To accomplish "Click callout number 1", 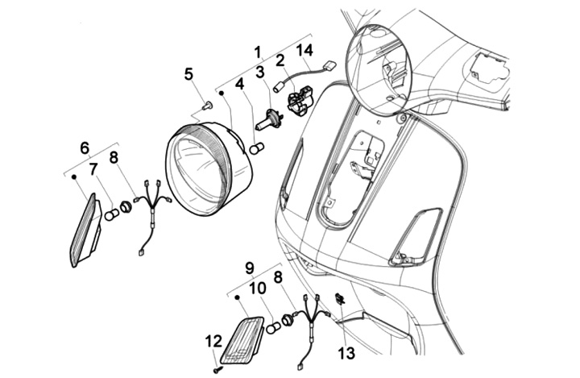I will coord(257,52).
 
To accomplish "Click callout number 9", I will coord(250,267).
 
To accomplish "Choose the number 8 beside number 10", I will coord(279,276).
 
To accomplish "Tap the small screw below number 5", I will coord(207,105).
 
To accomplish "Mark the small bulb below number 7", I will coord(111,214).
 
